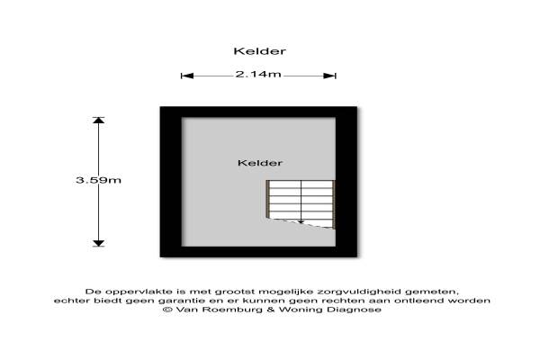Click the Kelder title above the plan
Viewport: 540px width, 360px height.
coord(260,51)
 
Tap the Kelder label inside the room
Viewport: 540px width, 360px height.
coord(260,163)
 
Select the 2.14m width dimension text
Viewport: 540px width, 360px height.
coord(258,74)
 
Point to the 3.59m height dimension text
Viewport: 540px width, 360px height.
coord(98,180)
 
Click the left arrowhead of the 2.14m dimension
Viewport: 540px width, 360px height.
coord(187,76)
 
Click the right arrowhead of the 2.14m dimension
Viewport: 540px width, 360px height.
coord(329,76)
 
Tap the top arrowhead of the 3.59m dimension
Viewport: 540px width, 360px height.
coord(98,121)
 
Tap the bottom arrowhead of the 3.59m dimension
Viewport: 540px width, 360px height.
coord(98,244)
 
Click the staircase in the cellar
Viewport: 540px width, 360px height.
coord(301,203)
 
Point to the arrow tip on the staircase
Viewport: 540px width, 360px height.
coord(301,222)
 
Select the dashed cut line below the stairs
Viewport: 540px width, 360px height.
coord(301,223)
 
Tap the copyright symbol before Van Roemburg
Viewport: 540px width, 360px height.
coord(167,310)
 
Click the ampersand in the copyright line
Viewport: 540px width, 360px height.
coord(271,310)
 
